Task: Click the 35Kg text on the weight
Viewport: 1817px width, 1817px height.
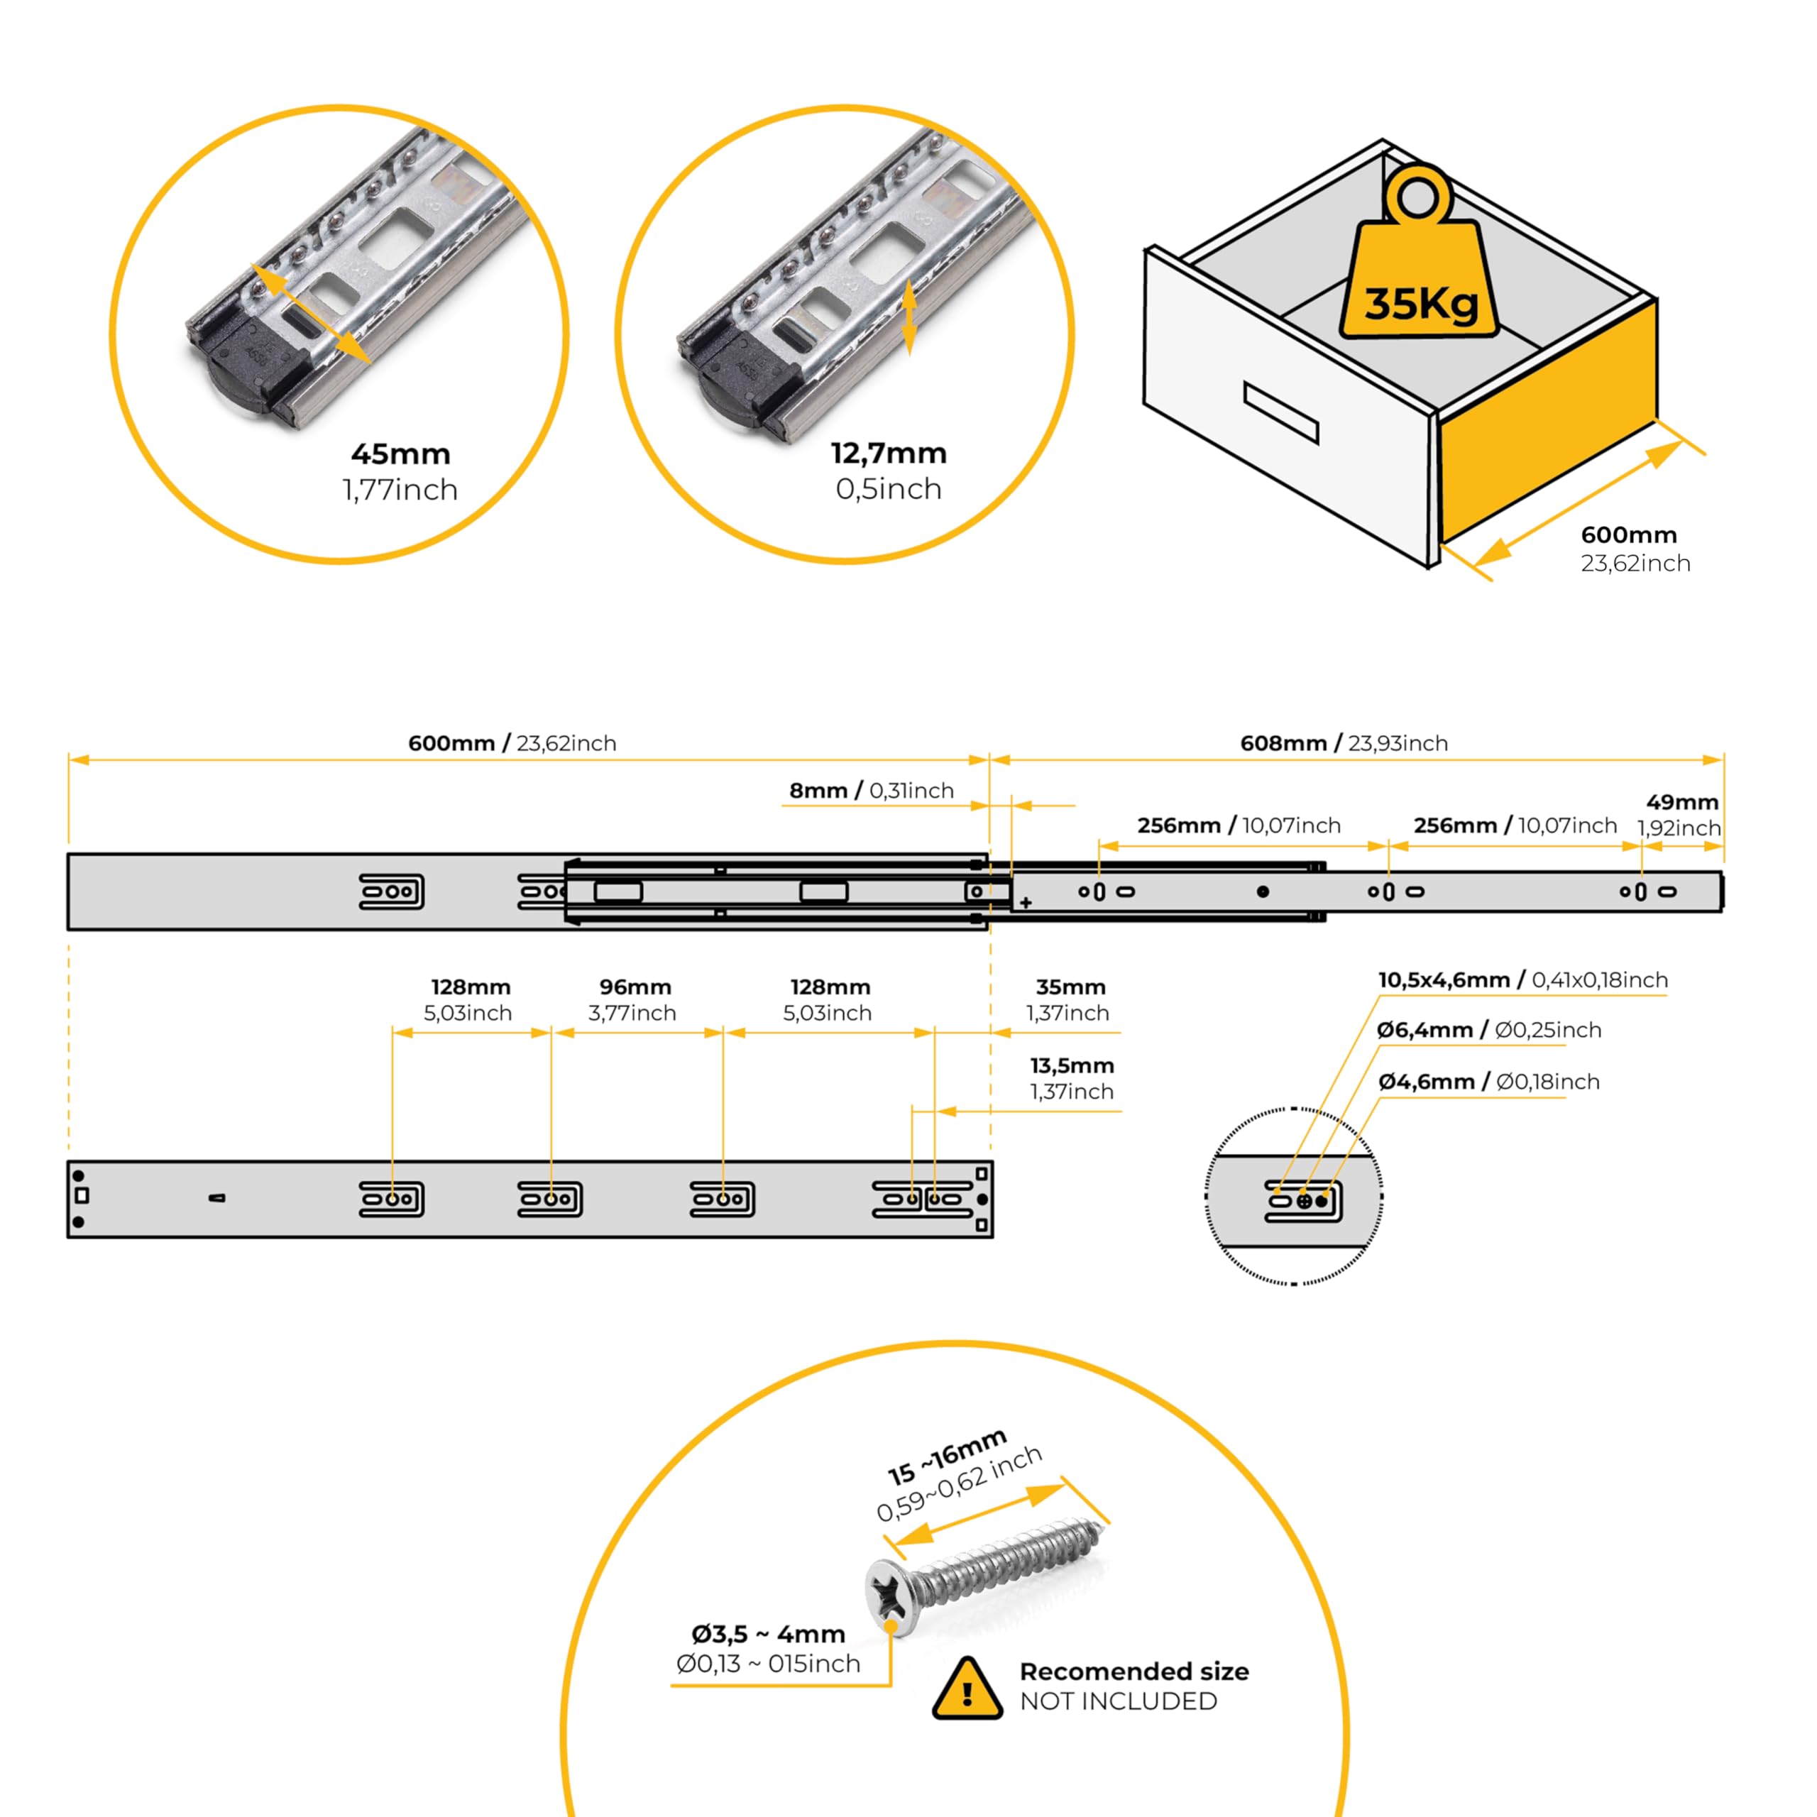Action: click(x=1420, y=303)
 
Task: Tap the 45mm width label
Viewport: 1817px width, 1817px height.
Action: click(x=400, y=454)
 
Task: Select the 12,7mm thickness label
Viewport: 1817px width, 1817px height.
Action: click(x=889, y=454)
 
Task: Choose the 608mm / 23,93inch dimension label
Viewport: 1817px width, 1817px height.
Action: click(x=1343, y=743)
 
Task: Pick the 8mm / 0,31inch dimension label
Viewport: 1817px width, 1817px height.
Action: click(x=871, y=791)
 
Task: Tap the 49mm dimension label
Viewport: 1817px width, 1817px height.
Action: click(x=1681, y=802)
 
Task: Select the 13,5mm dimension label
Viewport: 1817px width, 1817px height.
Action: click(x=1071, y=1065)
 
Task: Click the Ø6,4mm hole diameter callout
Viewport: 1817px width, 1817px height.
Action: click(x=1488, y=1030)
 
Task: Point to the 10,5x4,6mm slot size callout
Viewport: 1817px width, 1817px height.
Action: click(x=1522, y=980)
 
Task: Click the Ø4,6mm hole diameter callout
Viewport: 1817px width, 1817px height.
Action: click(x=1488, y=1082)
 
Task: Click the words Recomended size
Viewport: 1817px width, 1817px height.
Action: click(x=1133, y=1671)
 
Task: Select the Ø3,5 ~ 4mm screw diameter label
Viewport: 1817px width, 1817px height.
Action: click(x=767, y=1634)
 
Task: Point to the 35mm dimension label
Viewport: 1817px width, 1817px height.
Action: click(x=1070, y=987)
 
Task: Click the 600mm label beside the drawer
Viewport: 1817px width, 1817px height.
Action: click(x=1628, y=535)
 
